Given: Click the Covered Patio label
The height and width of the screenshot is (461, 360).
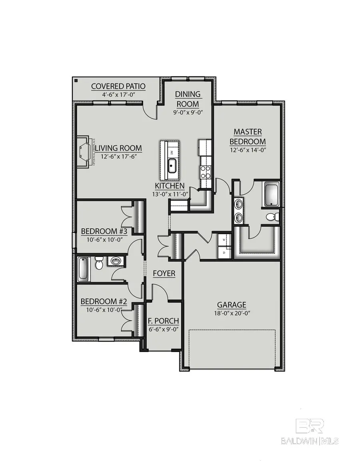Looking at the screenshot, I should click(x=118, y=86).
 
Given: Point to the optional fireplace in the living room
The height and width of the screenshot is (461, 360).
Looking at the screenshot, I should click(x=85, y=152).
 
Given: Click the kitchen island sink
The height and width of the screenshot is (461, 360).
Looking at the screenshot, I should click(x=172, y=165).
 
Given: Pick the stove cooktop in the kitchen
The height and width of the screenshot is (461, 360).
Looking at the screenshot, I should click(x=206, y=172).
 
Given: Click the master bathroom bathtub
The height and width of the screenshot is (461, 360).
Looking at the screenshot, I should click(x=272, y=194).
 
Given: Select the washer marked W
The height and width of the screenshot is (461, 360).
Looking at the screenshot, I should click(x=224, y=240).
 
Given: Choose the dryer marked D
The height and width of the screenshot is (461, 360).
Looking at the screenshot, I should click(x=224, y=253).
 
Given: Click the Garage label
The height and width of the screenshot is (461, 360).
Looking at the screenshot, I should click(x=232, y=305).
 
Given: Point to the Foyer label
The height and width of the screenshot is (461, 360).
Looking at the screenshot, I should click(x=164, y=273).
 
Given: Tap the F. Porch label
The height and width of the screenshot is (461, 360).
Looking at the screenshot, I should click(x=164, y=321).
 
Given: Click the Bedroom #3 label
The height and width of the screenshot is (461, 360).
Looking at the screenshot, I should click(x=104, y=231).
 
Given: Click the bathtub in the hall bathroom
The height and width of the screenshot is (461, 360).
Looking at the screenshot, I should click(x=83, y=269).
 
